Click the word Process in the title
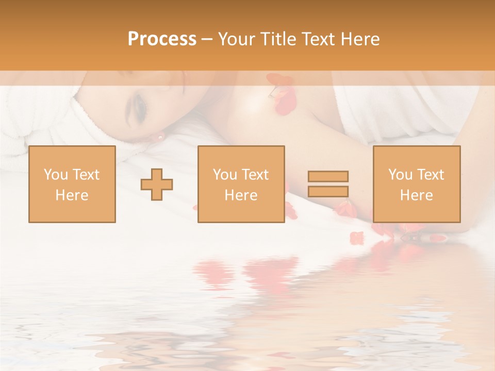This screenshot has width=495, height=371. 162,39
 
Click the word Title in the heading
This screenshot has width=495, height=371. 278,39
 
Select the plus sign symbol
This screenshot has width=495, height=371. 157,184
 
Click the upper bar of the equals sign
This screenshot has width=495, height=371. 328,177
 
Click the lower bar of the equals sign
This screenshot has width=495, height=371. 328,192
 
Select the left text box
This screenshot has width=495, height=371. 72,184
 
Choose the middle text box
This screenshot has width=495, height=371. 241,184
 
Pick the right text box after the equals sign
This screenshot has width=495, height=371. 416,184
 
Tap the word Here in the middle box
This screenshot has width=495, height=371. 241,195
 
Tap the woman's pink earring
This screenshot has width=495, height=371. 160,137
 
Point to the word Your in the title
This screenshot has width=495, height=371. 238,39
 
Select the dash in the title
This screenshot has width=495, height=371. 207,39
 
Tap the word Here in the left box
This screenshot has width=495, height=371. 72,195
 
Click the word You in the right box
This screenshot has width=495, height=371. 401,175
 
